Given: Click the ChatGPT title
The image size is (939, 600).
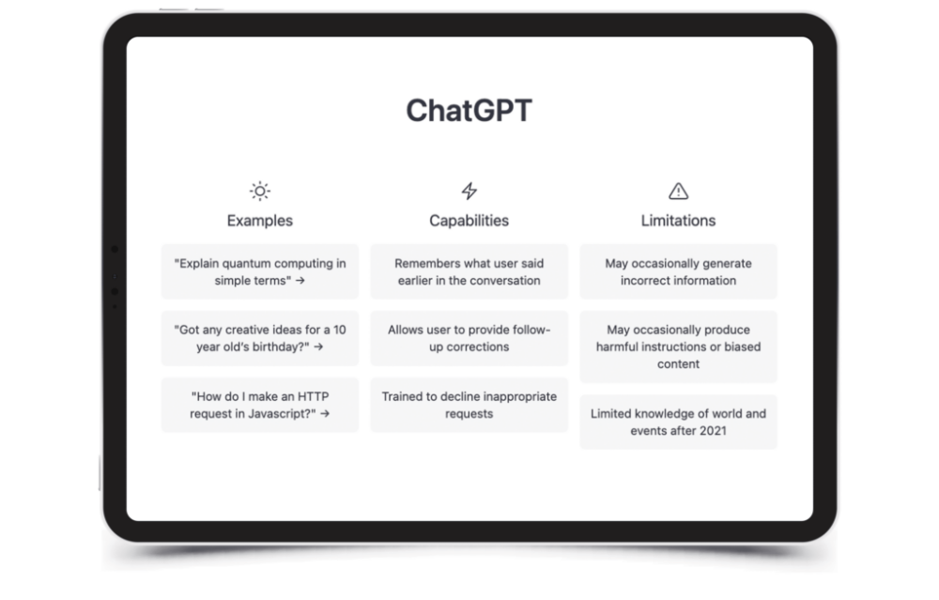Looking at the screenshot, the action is click(469, 111).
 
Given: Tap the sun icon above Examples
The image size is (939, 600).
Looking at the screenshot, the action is click(260, 191).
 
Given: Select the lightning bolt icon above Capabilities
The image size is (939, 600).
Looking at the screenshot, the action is click(469, 191).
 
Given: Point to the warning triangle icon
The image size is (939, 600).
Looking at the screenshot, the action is click(678, 191).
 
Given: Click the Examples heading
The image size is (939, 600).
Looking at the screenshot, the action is click(260, 221).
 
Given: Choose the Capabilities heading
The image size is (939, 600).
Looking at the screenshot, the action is click(469, 221).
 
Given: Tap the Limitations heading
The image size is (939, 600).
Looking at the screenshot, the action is click(678, 221).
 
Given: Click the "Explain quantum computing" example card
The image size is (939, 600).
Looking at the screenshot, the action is click(260, 272).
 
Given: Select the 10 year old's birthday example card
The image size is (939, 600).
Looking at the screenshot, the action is click(260, 338).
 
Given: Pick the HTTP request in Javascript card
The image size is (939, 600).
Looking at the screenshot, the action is click(260, 405).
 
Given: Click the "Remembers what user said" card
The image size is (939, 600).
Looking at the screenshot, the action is click(469, 272).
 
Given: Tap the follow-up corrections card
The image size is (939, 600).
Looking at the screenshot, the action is click(469, 338).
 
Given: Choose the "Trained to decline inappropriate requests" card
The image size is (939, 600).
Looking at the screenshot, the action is click(469, 405).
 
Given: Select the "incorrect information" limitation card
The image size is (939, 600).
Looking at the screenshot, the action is click(678, 272).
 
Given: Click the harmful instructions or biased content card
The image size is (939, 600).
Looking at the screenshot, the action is click(678, 346).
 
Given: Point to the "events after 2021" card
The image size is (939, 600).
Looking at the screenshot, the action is click(678, 423).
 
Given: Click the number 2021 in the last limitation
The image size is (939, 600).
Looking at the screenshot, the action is click(713, 431).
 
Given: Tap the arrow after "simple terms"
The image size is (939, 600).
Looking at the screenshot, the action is click(300, 280).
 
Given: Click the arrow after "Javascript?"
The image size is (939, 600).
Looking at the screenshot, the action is click(325, 413).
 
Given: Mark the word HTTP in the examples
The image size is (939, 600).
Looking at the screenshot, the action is click(314, 396).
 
